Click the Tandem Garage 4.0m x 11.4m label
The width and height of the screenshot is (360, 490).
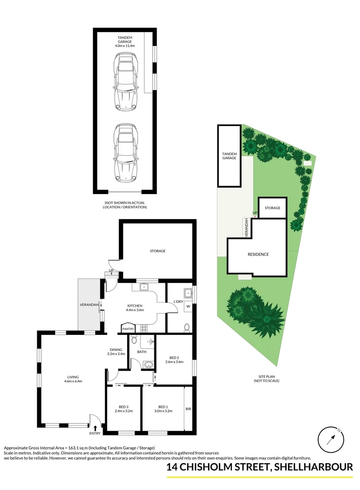tap(124, 42)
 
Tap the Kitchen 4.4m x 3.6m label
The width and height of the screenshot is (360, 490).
tap(135, 308)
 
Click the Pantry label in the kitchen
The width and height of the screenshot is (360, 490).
tap(128, 329)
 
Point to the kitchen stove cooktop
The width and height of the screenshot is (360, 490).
tap(144, 328)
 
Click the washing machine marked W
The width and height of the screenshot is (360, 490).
tap(188, 306)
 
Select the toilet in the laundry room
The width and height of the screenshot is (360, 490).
tap(187, 327)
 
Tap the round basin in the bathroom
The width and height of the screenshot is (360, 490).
tap(148, 364)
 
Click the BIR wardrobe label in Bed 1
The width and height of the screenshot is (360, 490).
tap(188, 409)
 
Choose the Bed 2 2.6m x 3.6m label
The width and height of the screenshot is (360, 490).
tap(174, 360)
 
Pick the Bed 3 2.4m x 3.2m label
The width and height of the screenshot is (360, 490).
tap(123, 409)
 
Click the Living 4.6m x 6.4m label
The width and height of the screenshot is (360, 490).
tap(73, 379)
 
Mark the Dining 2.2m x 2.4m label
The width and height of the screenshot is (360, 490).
tap(116, 352)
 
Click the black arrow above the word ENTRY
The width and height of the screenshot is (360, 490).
tap(95, 428)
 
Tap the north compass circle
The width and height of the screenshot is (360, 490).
tap(331, 440)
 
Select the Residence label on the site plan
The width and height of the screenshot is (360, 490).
tap(258, 255)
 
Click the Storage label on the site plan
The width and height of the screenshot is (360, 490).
tap(272, 208)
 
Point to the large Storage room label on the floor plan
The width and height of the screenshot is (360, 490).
tap(158, 251)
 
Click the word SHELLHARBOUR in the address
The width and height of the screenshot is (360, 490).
tap(313, 467)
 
